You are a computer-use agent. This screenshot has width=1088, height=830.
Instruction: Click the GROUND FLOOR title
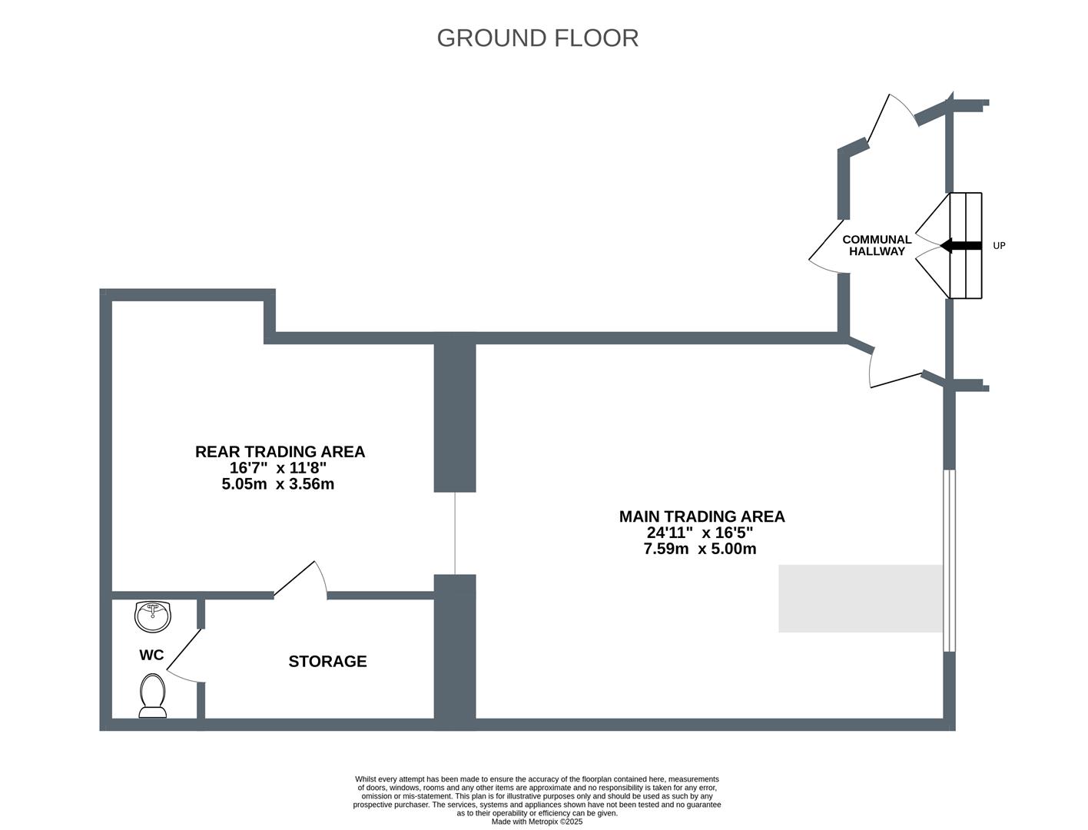pyautogui.click(x=537, y=38)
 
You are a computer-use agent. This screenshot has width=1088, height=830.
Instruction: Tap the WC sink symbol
pyautogui.click(x=153, y=616)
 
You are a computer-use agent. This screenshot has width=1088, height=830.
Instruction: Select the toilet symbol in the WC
pyautogui.click(x=153, y=696)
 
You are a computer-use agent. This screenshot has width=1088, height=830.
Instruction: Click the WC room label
pyautogui.click(x=151, y=655)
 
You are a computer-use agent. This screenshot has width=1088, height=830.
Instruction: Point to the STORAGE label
pyautogui.click(x=327, y=662)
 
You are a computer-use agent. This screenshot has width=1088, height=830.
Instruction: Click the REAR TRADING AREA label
pyautogui.click(x=280, y=452)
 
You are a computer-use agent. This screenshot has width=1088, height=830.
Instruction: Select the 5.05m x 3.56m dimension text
pyautogui.click(x=277, y=484)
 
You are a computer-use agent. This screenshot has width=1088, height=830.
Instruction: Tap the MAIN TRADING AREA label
pyautogui.click(x=702, y=516)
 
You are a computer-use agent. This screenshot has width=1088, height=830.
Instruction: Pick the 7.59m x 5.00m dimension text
pyautogui.click(x=700, y=549)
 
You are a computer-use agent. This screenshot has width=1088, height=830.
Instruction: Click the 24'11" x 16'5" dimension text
pyautogui.click(x=700, y=533)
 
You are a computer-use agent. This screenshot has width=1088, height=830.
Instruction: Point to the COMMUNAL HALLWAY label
pyautogui.click(x=877, y=245)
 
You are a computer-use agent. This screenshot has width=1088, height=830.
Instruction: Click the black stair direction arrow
pyautogui.click(x=960, y=245)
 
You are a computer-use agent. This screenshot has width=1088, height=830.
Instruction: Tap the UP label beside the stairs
pyautogui.click(x=999, y=245)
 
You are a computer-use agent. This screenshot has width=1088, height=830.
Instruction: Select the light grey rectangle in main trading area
pyautogui.click(x=861, y=599)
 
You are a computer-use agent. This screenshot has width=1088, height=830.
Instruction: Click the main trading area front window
pyautogui.click(x=949, y=560)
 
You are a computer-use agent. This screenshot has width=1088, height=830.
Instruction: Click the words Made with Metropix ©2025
pyautogui.click(x=537, y=822)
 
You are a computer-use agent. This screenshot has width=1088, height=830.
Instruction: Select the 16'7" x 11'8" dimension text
pyautogui.click(x=277, y=467)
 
